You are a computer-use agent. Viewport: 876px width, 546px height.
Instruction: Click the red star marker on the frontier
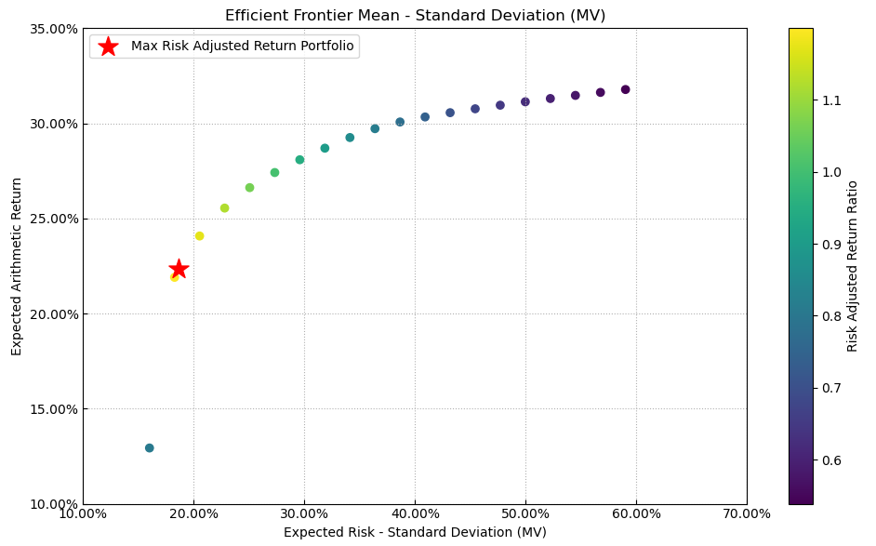click(179, 269)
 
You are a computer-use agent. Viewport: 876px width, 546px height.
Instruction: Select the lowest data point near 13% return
click(149, 448)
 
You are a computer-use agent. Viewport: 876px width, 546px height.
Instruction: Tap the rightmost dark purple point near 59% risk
click(625, 89)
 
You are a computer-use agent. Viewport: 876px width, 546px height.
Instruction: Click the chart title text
click(415, 15)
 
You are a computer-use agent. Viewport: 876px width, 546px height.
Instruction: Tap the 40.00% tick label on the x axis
click(415, 513)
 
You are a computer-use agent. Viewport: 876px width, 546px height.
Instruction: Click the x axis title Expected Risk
click(415, 532)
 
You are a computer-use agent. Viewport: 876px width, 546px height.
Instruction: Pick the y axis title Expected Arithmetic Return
click(17, 266)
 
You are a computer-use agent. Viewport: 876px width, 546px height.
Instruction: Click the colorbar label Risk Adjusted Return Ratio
click(852, 266)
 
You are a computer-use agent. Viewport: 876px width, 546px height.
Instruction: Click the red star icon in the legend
click(108, 47)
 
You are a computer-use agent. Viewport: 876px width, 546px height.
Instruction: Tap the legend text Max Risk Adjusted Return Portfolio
click(243, 47)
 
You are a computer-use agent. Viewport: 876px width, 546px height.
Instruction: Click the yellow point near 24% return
click(199, 236)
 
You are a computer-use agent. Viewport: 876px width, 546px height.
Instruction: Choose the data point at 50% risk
click(525, 101)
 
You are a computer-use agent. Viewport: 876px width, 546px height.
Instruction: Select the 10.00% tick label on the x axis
click(83, 513)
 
